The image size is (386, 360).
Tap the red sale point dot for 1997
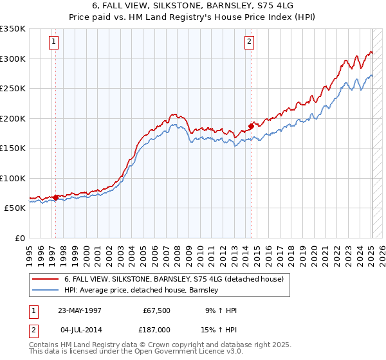point(56,197)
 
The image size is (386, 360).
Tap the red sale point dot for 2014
point(251,126)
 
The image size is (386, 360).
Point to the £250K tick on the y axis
point(13,89)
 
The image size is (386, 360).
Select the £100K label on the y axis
point(13,178)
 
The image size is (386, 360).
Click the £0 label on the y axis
point(19,238)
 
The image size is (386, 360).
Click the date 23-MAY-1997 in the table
point(80,310)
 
